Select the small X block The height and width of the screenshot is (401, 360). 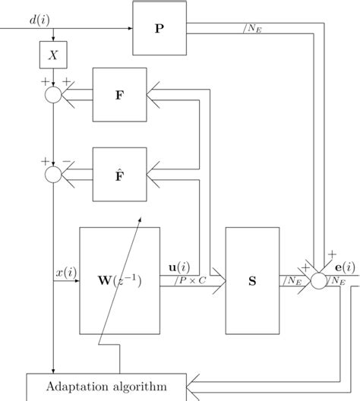[53, 55]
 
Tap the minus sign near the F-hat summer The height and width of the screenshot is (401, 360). [67, 162]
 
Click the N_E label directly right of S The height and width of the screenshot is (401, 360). [294, 282]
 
